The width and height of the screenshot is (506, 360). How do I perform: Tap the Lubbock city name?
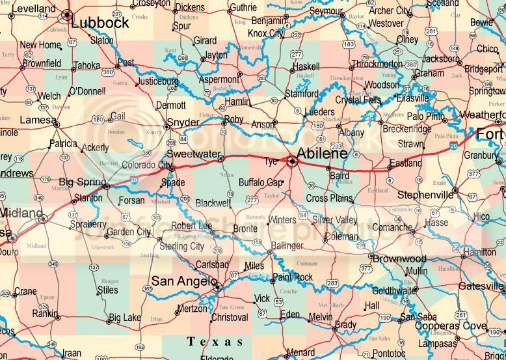100,22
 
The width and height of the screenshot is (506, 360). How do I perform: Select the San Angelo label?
183,281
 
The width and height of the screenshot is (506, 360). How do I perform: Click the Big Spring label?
81,181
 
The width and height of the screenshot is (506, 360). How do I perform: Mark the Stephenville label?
425,195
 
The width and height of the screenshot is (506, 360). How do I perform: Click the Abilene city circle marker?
292,159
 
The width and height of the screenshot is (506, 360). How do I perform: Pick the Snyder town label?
183,122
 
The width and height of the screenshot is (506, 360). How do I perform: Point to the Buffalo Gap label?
261,182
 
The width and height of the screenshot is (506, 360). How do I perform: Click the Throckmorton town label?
377,64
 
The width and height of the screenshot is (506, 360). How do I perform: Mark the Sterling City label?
183,246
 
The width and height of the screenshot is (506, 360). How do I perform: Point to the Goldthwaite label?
393,290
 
